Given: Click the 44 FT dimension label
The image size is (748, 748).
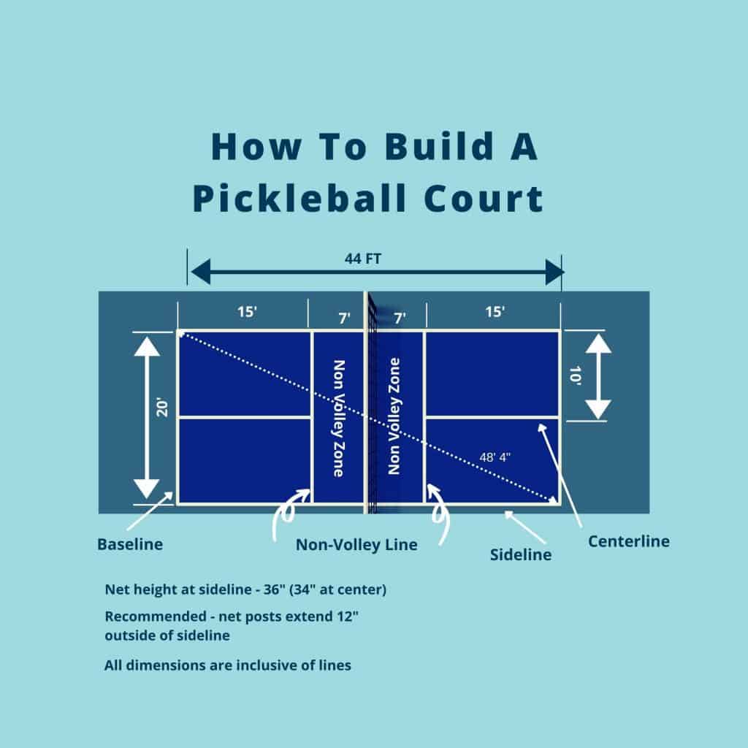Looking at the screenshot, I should click(x=374, y=258).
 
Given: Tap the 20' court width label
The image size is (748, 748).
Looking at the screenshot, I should click(x=162, y=407).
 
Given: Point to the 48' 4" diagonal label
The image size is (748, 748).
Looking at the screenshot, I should click(x=495, y=457).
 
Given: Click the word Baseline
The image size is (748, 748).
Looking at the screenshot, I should click(x=130, y=544).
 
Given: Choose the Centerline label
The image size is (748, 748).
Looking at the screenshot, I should click(x=628, y=541).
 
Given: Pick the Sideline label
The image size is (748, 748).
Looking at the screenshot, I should click(x=520, y=554).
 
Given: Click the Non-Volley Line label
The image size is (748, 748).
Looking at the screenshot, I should click(x=356, y=545).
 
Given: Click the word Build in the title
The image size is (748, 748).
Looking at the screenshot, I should click(x=418, y=147).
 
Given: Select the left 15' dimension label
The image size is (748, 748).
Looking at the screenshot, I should click(x=247, y=312).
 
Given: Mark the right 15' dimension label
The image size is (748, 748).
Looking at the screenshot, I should click(x=495, y=312).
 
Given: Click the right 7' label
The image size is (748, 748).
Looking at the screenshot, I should click(x=400, y=317).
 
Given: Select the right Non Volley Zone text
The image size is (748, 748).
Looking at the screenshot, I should click(x=395, y=416).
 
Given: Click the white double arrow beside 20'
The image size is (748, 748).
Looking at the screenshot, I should click(x=148, y=417).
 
